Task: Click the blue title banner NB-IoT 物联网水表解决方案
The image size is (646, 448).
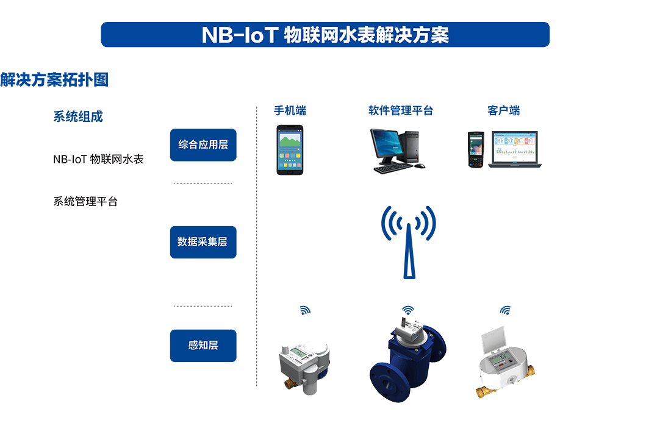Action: point(325,35)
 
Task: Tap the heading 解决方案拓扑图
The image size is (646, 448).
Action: point(54,79)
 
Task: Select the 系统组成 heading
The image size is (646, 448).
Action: point(78,117)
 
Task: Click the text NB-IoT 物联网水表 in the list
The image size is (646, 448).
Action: point(98,160)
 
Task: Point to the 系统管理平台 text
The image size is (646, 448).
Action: point(85,202)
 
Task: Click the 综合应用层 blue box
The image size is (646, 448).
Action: point(203,145)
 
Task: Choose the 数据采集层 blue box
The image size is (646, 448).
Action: point(203,242)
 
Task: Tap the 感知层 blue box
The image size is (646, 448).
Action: point(203,345)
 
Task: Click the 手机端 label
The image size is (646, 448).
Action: point(290,111)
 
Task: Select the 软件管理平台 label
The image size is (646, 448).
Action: point(401,111)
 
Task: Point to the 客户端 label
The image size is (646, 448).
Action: point(503,111)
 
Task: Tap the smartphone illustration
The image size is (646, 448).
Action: point(290,150)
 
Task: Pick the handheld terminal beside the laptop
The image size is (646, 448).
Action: point(476,149)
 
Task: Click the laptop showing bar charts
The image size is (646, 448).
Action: point(515,149)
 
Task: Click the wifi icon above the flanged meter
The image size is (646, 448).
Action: point(408,310)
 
